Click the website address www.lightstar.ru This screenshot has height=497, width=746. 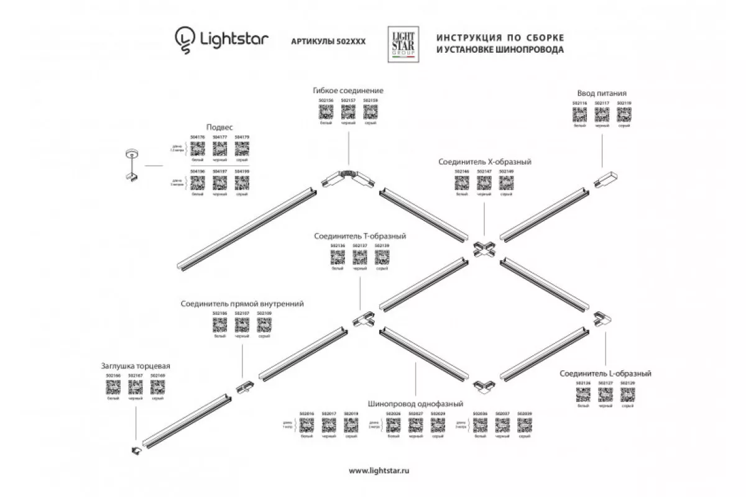(x=380, y=471)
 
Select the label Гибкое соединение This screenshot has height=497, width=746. (x=349, y=90)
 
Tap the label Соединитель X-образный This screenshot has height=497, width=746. (x=484, y=162)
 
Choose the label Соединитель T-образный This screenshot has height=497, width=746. (x=360, y=236)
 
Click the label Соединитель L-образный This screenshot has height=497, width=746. (x=605, y=373)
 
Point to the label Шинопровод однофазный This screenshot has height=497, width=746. (x=413, y=402)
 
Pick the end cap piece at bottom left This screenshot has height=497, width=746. (x=136, y=450)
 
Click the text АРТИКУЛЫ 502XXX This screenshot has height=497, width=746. (x=328, y=41)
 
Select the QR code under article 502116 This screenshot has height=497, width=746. (x=579, y=115)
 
